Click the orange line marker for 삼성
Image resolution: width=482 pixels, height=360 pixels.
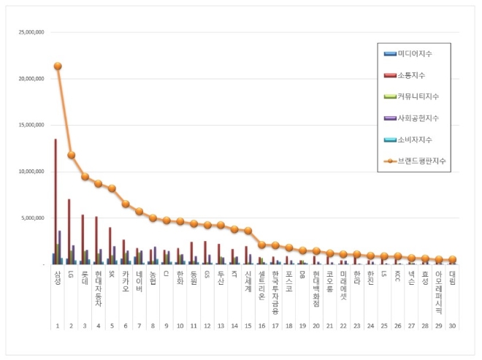click(58, 66)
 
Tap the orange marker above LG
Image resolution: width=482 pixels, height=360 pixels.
click(71, 155)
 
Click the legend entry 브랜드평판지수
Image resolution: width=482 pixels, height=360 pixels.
click(419, 160)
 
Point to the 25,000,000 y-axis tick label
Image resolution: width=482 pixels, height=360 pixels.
click(29, 32)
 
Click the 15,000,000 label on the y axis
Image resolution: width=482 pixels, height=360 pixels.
click(29, 125)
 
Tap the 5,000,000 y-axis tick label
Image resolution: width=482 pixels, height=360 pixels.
click(31, 218)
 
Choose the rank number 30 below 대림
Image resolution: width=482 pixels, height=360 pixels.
click(452, 326)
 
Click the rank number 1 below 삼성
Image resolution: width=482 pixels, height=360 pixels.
click(58, 326)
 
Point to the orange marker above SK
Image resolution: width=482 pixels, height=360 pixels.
click(112, 188)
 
